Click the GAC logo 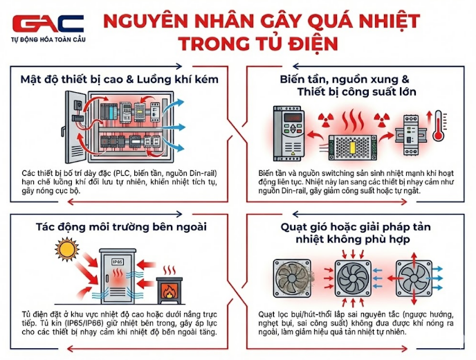tap(48, 24)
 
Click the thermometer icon tap(439, 126)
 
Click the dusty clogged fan tap(293, 278)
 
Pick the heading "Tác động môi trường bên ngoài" tap(121, 227)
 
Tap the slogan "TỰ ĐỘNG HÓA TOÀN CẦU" tap(48, 39)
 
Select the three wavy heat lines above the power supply tap(353, 120)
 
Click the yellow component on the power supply tap(353, 148)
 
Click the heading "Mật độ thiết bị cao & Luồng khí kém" tap(119, 80)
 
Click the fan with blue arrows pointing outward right tap(414, 278)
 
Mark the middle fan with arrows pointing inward tap(353, 278)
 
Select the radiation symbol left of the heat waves tap(326, 120)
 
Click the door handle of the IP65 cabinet tap(107, 278)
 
